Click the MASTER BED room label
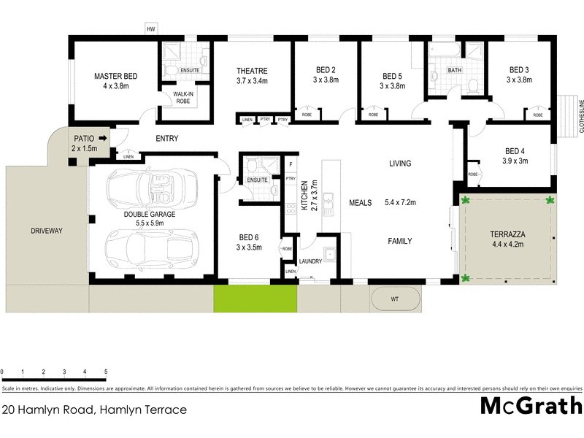(115, 76)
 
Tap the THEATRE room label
(252, 71)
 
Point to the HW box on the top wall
(152, 29)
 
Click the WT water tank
(395, 299)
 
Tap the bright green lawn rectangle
(255, 299)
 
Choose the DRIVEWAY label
(47, 231)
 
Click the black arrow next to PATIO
(103, 137)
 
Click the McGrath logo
(531, 406)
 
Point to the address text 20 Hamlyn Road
(94, 410)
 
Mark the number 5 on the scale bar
(106, 372)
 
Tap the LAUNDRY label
(312, 261)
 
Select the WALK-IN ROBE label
(182, 97)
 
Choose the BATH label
(454, 71)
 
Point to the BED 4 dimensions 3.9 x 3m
(515, 161)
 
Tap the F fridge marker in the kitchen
(291, 164)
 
